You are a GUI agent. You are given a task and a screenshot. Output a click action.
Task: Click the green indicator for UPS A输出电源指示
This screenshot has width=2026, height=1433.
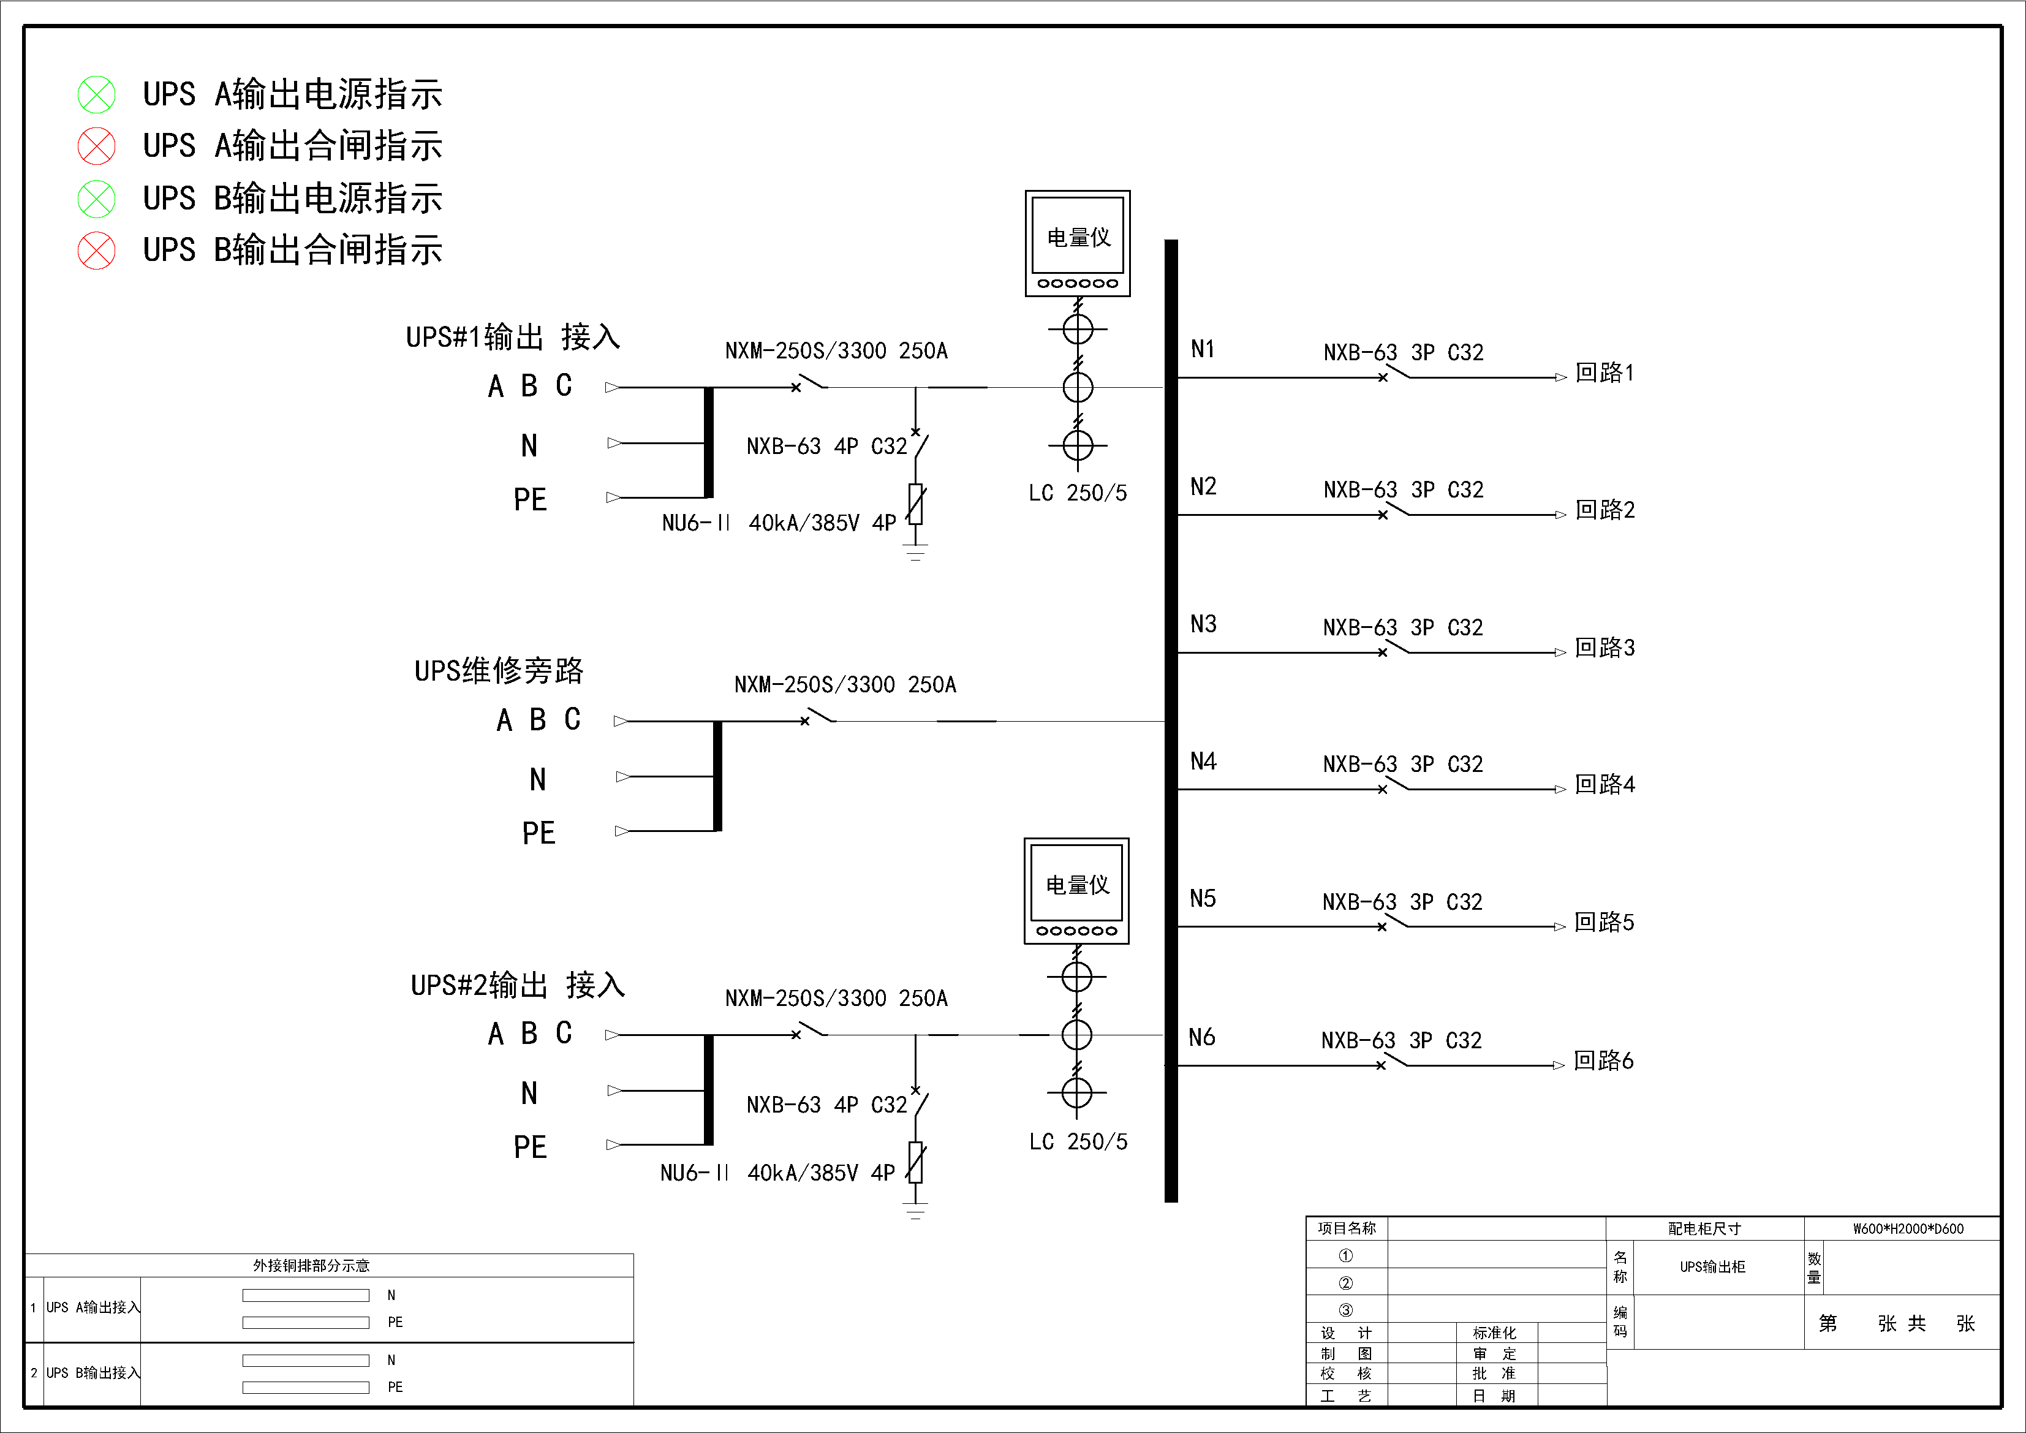[x=96, y=94]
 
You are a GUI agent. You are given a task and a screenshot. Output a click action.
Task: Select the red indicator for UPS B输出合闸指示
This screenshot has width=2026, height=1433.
[x=96, y=251]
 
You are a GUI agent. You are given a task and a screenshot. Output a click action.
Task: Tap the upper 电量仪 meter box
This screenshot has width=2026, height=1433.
[x=1078, y=243]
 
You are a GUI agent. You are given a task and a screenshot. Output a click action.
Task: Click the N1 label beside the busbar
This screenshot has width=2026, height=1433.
[x=1203, y=349]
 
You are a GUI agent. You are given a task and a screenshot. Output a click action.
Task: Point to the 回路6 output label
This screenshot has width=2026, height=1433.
[x=1603, y=1061]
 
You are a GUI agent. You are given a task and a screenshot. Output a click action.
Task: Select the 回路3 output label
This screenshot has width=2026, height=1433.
[x=1605, y=648]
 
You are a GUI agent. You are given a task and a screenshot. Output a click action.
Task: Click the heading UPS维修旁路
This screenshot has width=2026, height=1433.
[x=499, y=671]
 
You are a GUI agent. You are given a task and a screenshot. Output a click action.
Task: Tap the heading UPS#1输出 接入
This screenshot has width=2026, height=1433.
[x=513, y=337]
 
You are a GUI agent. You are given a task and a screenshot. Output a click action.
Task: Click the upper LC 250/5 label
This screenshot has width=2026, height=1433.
[x=1078, y=493]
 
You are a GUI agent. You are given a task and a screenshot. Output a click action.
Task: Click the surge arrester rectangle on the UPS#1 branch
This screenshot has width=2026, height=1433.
[x=916, y=504]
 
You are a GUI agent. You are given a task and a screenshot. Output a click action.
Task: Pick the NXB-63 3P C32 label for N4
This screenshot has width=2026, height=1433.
[x=1402, y=764]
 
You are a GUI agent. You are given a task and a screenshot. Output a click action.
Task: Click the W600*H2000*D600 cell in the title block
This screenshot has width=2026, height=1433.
[x=1908, y=1228]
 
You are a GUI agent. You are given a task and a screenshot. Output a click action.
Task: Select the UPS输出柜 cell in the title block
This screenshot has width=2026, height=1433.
[x=1712, y=1267]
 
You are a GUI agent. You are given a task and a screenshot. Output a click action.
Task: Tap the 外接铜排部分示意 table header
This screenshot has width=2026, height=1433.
[x=311, y=1265]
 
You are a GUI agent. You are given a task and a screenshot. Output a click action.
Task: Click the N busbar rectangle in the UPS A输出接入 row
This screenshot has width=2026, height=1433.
[x=305, y=1295]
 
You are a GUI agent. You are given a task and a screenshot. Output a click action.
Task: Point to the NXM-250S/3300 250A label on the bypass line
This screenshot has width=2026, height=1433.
[x=844, y=685]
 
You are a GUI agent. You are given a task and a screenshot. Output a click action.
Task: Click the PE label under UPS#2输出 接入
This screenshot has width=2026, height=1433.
[x=531, y=1147]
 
